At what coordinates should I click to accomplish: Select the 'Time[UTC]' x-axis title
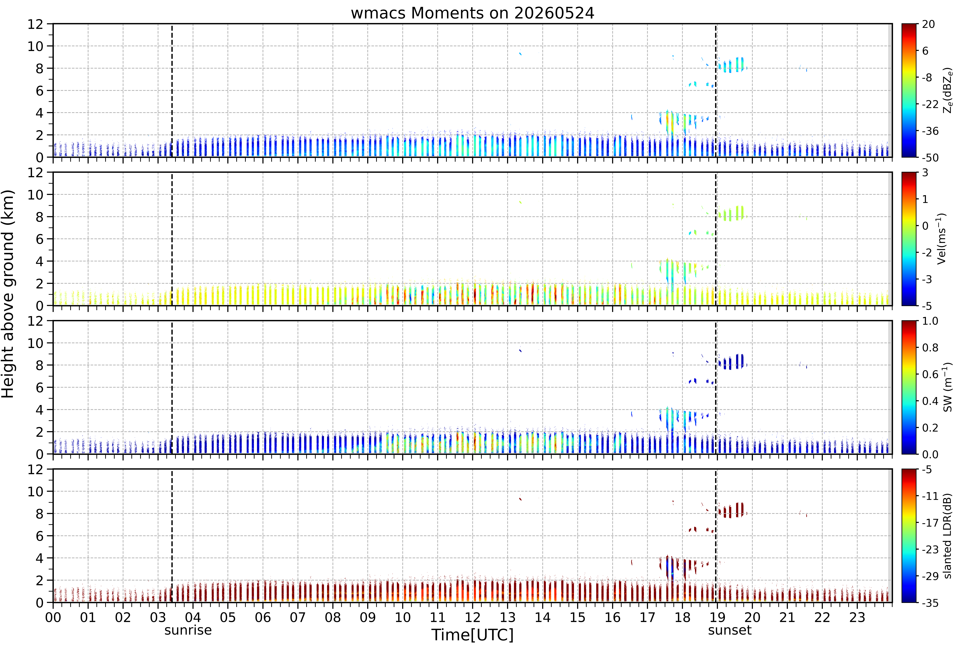click(473, 635)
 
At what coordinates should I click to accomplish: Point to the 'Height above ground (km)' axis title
click(8, 294)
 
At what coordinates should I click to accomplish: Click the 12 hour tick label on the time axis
click(473, 617)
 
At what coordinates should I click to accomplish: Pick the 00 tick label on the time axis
click(53, 617)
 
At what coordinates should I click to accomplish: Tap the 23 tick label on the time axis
click(857, 617)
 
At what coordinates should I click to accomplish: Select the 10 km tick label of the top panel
click(35, 46)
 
